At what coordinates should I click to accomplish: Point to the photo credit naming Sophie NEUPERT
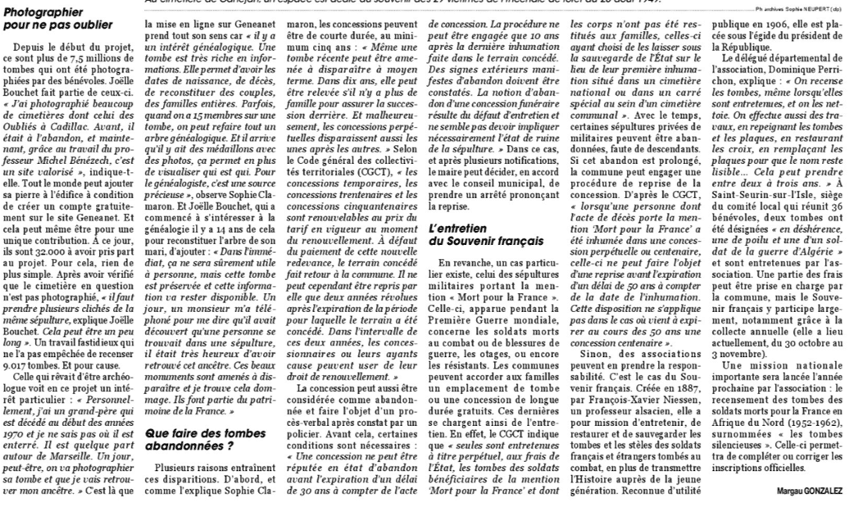point(799,7)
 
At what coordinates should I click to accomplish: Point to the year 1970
point(16,426)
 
